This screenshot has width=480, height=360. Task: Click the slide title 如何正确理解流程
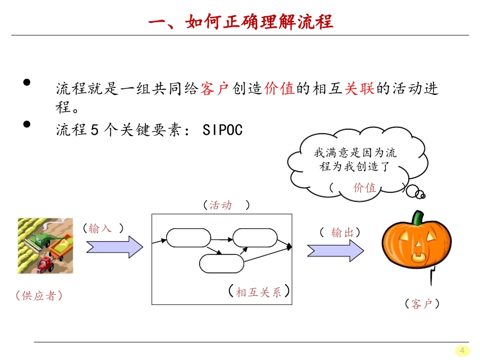pyautogui.click(x=241, y=23)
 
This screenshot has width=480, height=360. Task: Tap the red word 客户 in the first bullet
pyautogui.click(x=215, y=89)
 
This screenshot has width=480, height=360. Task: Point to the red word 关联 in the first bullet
pyautogui.click(x=359, y=89)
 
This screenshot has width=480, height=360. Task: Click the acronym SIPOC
pyautogui.click(x=222, y=130)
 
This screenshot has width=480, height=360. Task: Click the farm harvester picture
pyautogui.click(x=45, y=245)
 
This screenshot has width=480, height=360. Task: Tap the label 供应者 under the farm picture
pyautogui.click(x=39, y=296)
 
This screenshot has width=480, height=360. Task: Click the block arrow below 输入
pyautogui.click(x=115, y=246)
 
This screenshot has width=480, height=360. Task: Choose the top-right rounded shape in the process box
pyautogui.click(x=255, y=238)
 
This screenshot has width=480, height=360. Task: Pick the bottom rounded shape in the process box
pyautogui.click(x=222, y=264)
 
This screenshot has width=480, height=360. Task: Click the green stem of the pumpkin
pyautogui.click(x=417, y=218)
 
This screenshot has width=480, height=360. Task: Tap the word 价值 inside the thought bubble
pyautogui.click(x=365, y=188)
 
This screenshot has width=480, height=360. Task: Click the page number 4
pyautogui.click(x=461, y=350)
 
